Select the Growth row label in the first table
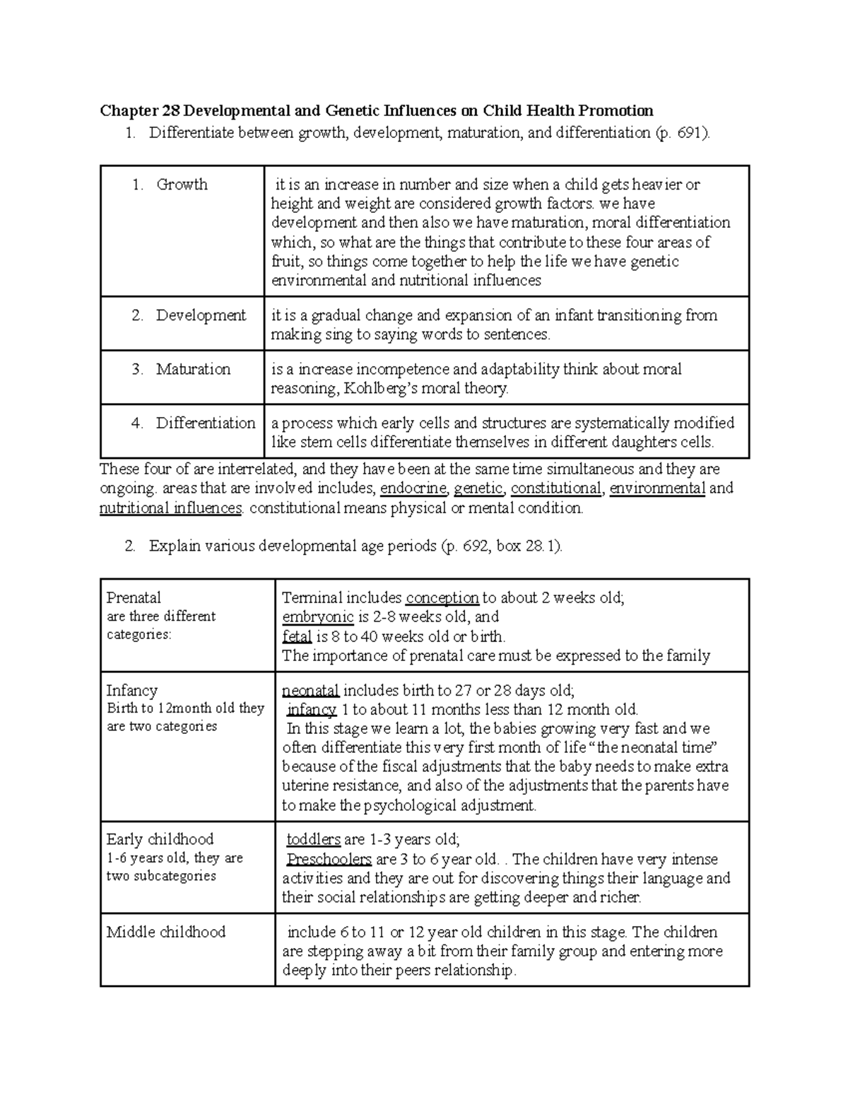coord(182,185)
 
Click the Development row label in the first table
coord(201,315)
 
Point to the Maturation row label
coord(193,369)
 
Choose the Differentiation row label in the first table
coord(205,423)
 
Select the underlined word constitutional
coord(556,488)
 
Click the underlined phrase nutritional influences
coord(171,508)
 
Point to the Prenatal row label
coord(134,597)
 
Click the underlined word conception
coord(442,597)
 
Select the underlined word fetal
coord(297,636)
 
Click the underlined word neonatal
coord(311,690)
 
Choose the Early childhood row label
coord(160,839)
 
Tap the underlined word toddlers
coord(314,840)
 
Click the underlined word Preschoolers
coord(329,860)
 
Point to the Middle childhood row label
coord(165,932)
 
